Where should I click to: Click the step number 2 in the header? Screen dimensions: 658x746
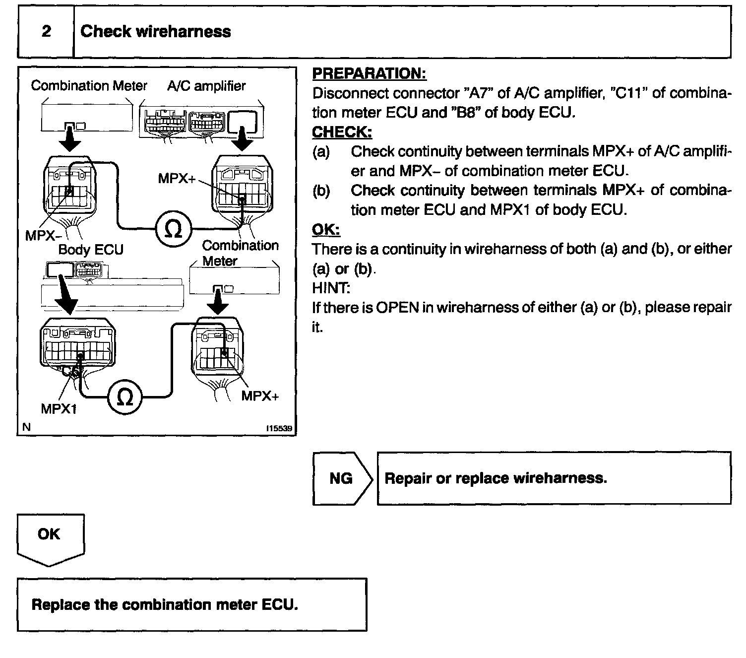click(x=46, y=32)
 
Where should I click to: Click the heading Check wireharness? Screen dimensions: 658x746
click(x=155, y=32)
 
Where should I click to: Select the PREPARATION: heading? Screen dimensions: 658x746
click(x=369, y=74)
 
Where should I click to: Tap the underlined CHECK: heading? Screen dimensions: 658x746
click(x=342, y=132)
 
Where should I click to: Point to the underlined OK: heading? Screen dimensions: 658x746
click(x=326, y=230)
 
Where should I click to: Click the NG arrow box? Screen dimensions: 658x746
click(x=341, y=478)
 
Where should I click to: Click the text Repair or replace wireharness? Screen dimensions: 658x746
click(x=496, y=478)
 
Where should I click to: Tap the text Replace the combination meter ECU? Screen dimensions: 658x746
click(x=165, y=604)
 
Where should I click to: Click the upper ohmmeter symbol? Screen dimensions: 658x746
click(x=172, y=229)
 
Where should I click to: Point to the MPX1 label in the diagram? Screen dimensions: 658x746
click(x=59, y=409)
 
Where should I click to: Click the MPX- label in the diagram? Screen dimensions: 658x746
click(x=40, y=236)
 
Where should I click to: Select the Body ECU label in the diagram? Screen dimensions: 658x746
click(x=91, y=250)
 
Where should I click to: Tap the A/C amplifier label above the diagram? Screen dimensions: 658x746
click(x=206, y=86)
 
